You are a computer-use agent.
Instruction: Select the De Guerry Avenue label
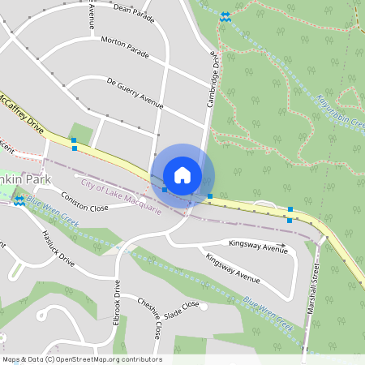coord(135,94)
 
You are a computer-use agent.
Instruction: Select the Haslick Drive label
coord(58,249)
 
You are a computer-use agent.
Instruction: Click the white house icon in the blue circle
coord(182,175)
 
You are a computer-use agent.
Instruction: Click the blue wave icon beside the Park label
coord(18,200)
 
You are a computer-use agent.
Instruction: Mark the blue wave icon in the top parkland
coord(225,16)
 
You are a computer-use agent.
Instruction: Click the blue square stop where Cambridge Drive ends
coord(210,196)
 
